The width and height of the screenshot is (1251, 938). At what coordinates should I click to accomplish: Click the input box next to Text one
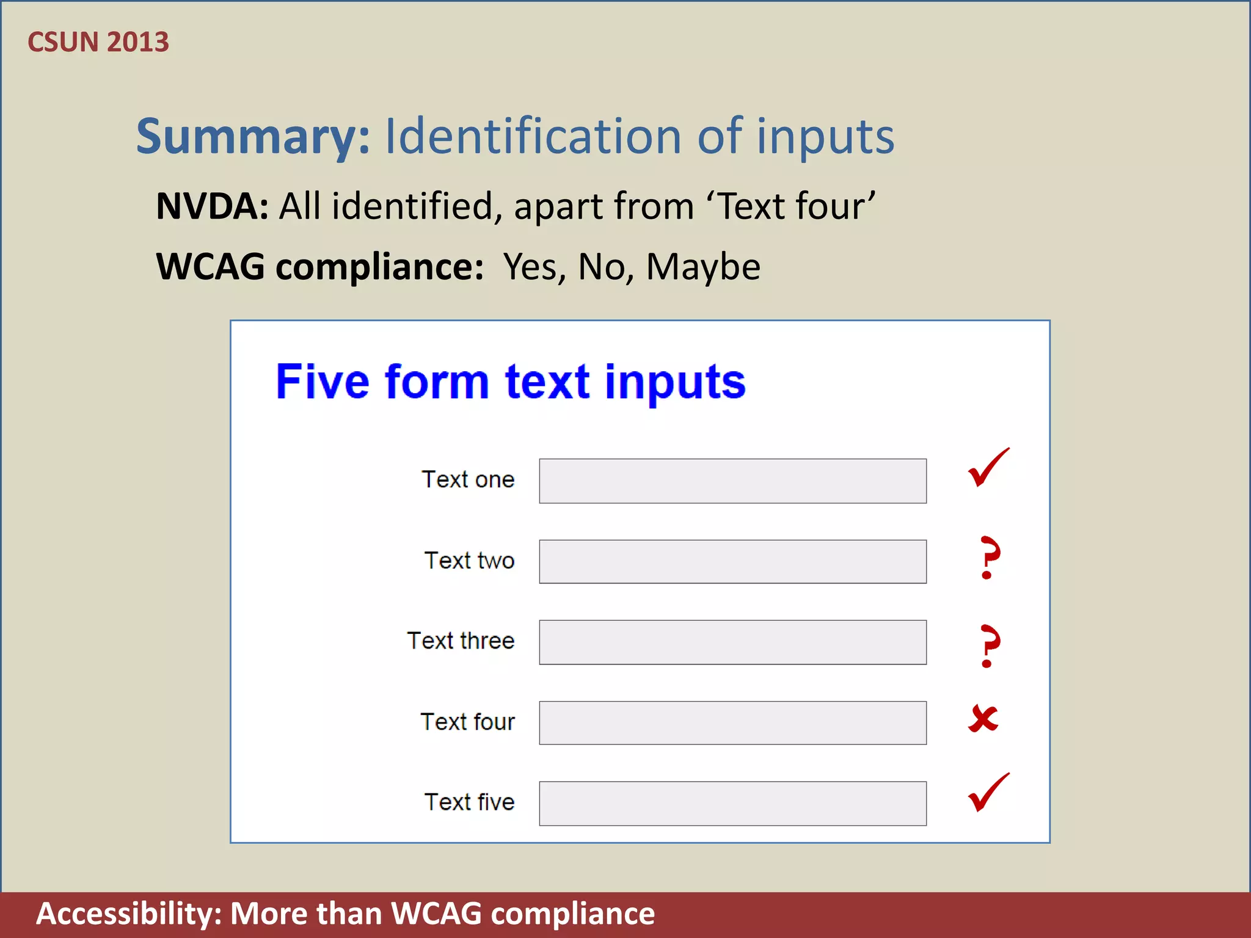pyautogui.click(x=732, y=481)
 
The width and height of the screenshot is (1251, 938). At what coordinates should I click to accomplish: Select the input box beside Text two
pyautogui.click(x=732, y=561)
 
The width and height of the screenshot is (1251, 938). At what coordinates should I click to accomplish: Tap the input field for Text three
pyautogui.click(x=732, y=642)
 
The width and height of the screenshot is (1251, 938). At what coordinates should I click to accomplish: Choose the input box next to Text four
pyautogui.click(x=732, y=722)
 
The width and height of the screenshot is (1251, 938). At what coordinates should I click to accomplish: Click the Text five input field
pyautogui.click(x=732, y=803)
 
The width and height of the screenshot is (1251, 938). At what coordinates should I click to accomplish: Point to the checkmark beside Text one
pyautogui.click(x=988, y=468)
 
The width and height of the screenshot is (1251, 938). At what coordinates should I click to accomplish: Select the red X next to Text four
pyautogui.click(x=983, y=719)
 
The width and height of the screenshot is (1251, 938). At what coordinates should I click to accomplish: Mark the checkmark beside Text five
pyautogui.click(x=988, y=793)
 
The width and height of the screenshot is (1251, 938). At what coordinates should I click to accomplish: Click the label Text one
pyautogui.click(x=468, y=479)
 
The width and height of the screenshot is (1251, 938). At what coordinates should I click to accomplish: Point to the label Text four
pyautogui.click(x=467, y=721)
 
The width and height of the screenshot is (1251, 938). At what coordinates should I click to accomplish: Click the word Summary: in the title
pyautogui.click(x=253, y=137)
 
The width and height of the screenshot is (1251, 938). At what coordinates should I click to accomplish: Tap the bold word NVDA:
pyautogui.click(x=212, y=206)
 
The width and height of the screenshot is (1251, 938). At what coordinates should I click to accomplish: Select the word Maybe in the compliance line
pyautogui.click(x=703, y=267)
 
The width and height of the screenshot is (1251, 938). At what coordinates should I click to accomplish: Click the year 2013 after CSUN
pyautogui.click(x=138, y=42)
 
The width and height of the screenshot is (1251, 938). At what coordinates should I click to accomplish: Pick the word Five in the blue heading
pyautogui.click(x=323, y=382)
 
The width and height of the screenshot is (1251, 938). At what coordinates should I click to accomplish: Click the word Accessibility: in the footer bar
pyautogui.click(x=129, y=914)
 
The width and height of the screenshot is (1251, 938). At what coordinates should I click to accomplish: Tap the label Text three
pyautogui.click(x=461, y=641)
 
